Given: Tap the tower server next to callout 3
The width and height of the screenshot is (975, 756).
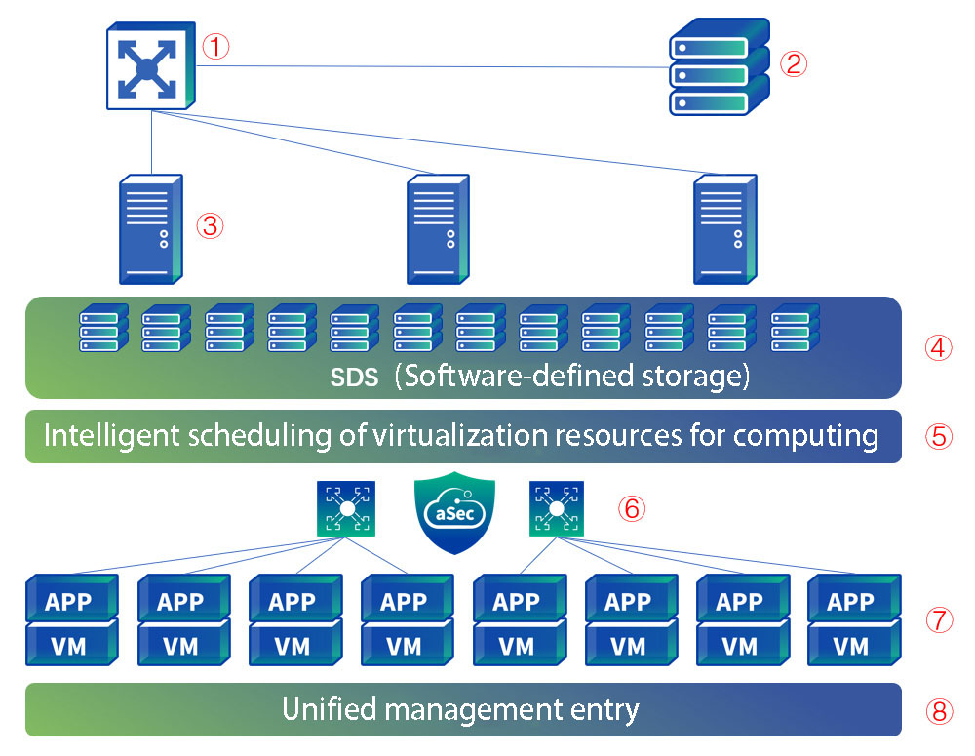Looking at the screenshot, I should (151, 229).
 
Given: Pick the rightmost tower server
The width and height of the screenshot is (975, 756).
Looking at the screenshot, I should (725, 229).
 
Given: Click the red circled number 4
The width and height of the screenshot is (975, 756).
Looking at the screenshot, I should (938, 349).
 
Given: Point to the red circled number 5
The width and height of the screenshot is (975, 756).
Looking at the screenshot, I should (938, 436).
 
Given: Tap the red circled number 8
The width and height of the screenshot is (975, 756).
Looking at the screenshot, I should (938, 711).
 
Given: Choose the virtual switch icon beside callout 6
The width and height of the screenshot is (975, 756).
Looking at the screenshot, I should (557, 509).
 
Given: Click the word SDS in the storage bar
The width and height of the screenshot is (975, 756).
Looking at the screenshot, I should (352, 378).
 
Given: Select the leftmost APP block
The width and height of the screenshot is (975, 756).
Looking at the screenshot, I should (71, 600).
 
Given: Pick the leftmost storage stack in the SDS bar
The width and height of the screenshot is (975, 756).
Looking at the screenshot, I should (103, 329).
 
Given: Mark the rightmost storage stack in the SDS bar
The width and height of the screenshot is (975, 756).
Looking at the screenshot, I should (795, 329).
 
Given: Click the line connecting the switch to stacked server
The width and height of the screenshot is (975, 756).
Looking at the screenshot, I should (429, 66).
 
